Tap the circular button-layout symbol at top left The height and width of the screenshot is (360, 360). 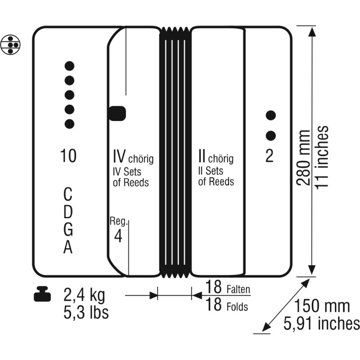coord(10,45)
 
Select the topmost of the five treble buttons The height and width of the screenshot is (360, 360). coord(69,66)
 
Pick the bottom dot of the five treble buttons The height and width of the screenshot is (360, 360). coord(69,124)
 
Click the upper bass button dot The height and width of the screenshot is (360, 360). coord(271,115)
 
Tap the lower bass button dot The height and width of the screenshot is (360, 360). coord(271,136)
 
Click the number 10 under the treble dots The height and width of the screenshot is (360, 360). coord(68,156)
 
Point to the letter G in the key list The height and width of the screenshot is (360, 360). coord(68,229)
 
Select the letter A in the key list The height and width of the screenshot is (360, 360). coord(68,247)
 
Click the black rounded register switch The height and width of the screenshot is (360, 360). coord(117,113)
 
